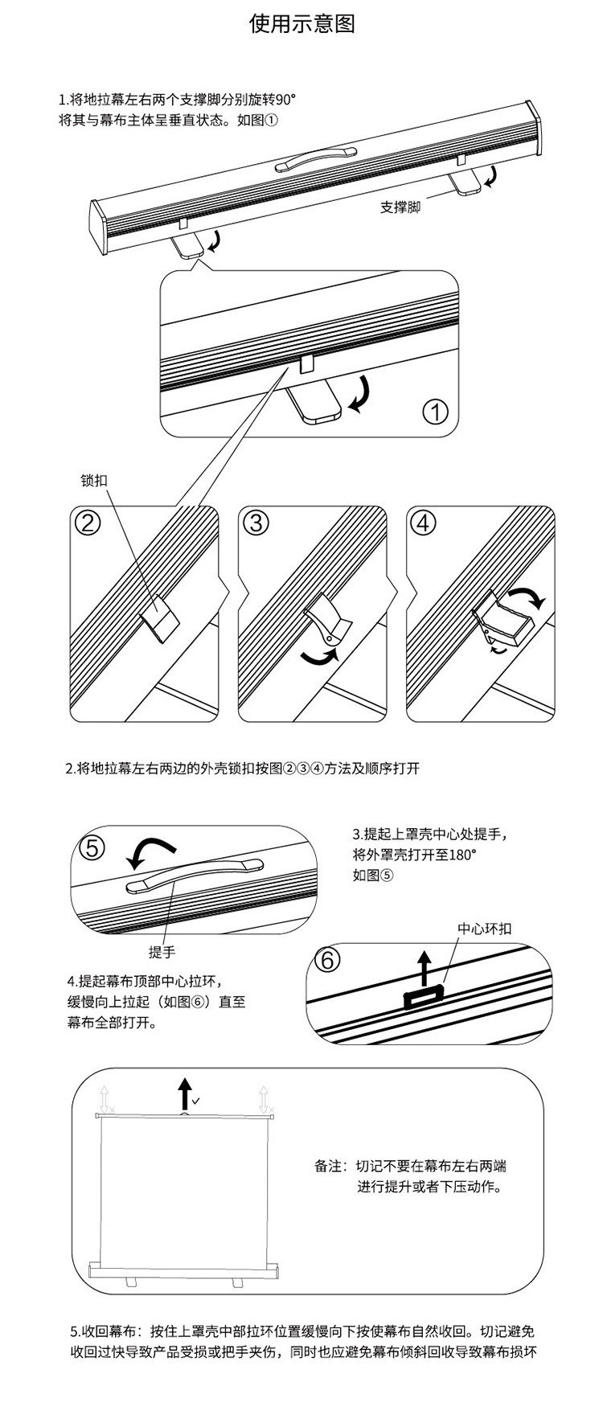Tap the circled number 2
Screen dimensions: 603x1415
[x=87, y=523]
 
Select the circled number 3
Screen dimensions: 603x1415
[x=255, y=523]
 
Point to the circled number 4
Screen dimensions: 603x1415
[x=423, y=523]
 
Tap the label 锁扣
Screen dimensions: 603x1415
[x=94, y=482]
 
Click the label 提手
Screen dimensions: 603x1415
[x=162, y=952]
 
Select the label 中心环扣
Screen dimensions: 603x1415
[x=484, y=929]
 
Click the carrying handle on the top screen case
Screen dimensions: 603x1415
[x=316, y=158]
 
